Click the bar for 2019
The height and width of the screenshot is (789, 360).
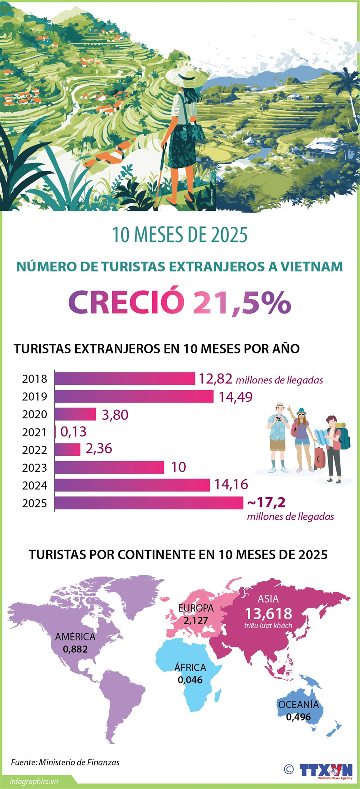pos(134,396)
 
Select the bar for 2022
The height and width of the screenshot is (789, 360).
pos(67,450)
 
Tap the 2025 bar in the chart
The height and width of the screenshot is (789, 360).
pos(149,503)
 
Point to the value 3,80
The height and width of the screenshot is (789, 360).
pos(115,415)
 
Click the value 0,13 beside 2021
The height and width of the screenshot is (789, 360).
pos(73,432)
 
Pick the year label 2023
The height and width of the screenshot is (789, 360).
pos(35,468)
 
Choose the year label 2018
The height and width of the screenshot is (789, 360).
pos(35,379)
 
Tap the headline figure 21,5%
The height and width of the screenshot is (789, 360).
pos(242,303)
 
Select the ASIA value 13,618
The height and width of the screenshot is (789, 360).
pos(268,614)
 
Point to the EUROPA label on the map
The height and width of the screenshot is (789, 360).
pos(196,608)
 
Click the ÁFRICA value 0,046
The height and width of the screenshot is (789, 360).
pos(190,680)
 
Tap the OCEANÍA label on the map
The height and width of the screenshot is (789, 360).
pos(298,705)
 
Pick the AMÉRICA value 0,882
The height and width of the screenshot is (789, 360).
pos(75,649)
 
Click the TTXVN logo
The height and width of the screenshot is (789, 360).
pos(326,770)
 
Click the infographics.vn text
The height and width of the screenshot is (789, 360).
pos(34,781)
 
